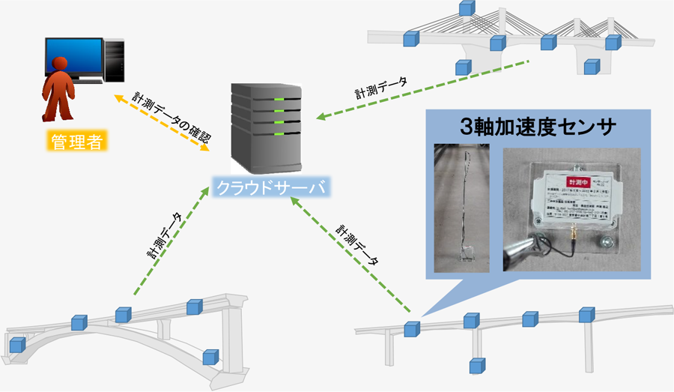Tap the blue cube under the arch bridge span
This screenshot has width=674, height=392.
point(211,358)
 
